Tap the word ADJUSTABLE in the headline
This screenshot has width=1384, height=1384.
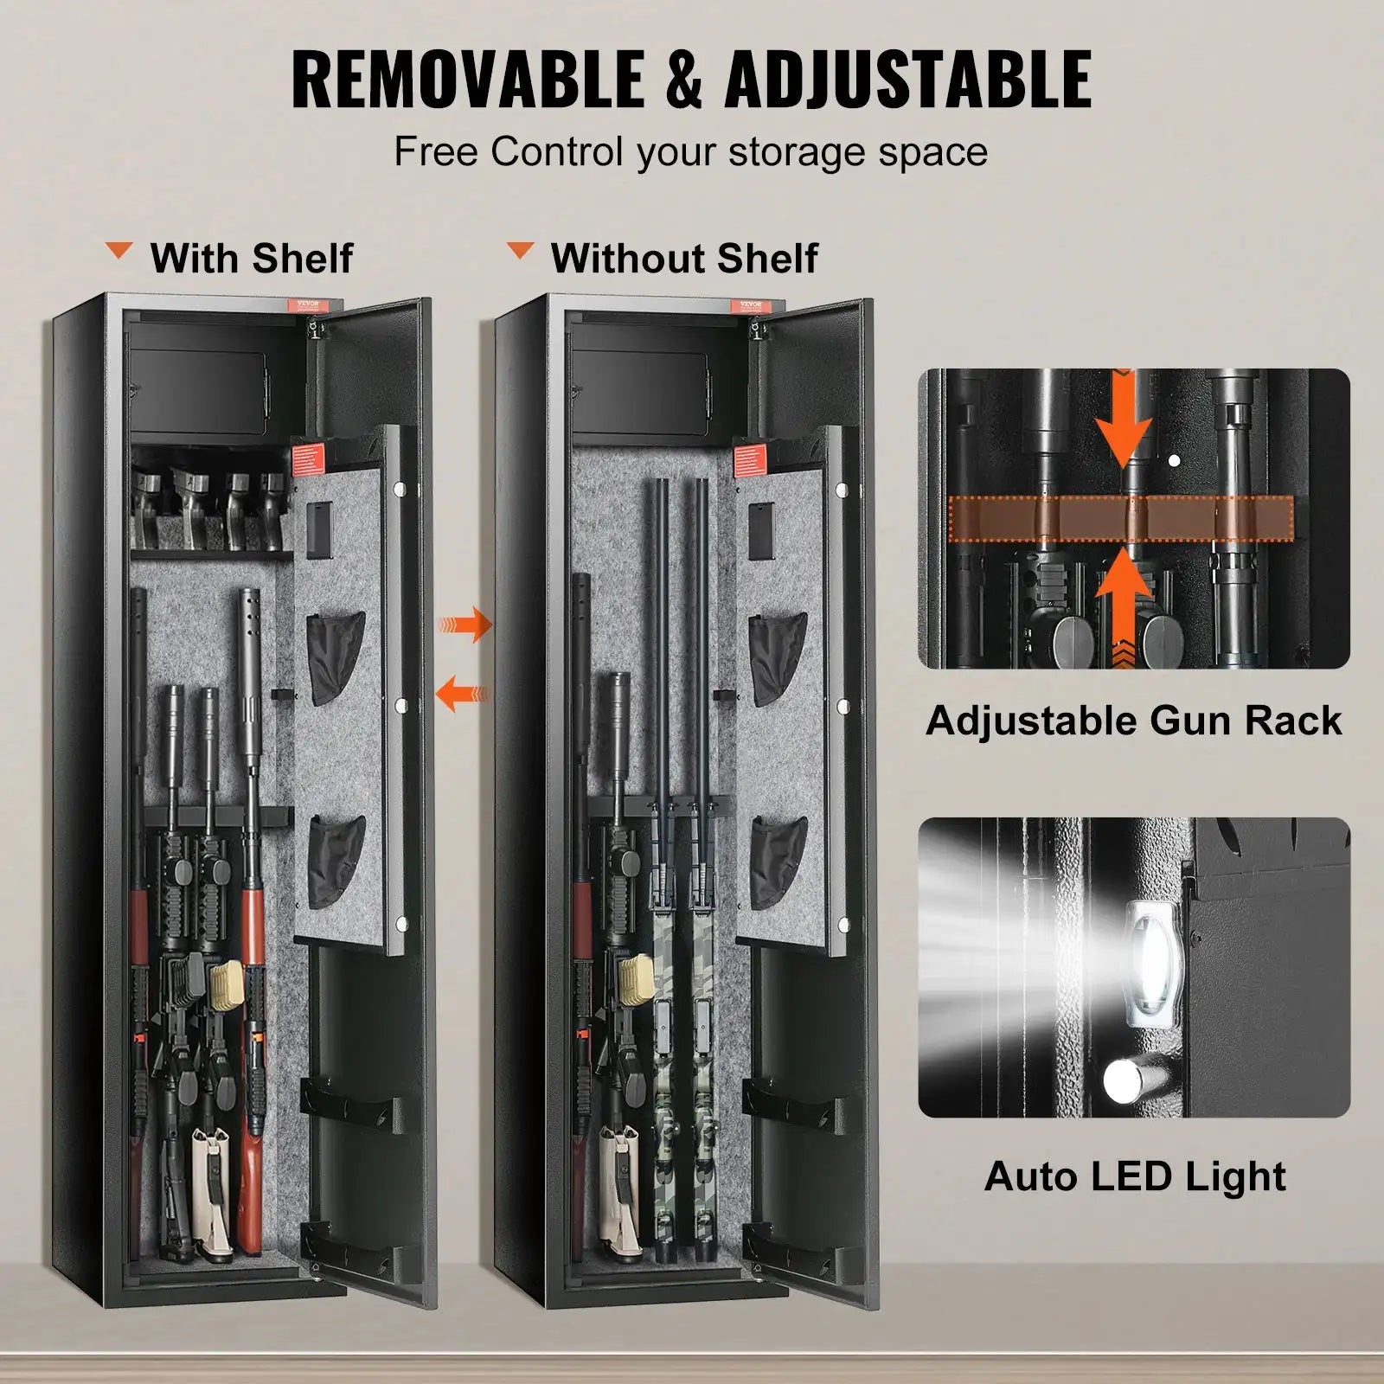pyautogui.click(x=907, y=79)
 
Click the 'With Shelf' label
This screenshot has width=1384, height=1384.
pyautogui.click(x=252, y=258)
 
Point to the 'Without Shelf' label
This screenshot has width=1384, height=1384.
pyautogui.click(x=684, y=258)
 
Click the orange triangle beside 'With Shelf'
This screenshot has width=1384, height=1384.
pyautogui.click(x=119, y=252)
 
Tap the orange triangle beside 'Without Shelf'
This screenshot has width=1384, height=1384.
pyautogui.click(x=520, y=252)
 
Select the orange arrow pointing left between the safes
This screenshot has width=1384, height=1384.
pyautogui.click(x=464, y=693)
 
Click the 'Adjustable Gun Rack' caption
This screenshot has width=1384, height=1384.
pyautogui.click(x=1133, y=721)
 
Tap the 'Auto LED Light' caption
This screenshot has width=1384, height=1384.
pyautogui.click(x=1135, y=1176)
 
